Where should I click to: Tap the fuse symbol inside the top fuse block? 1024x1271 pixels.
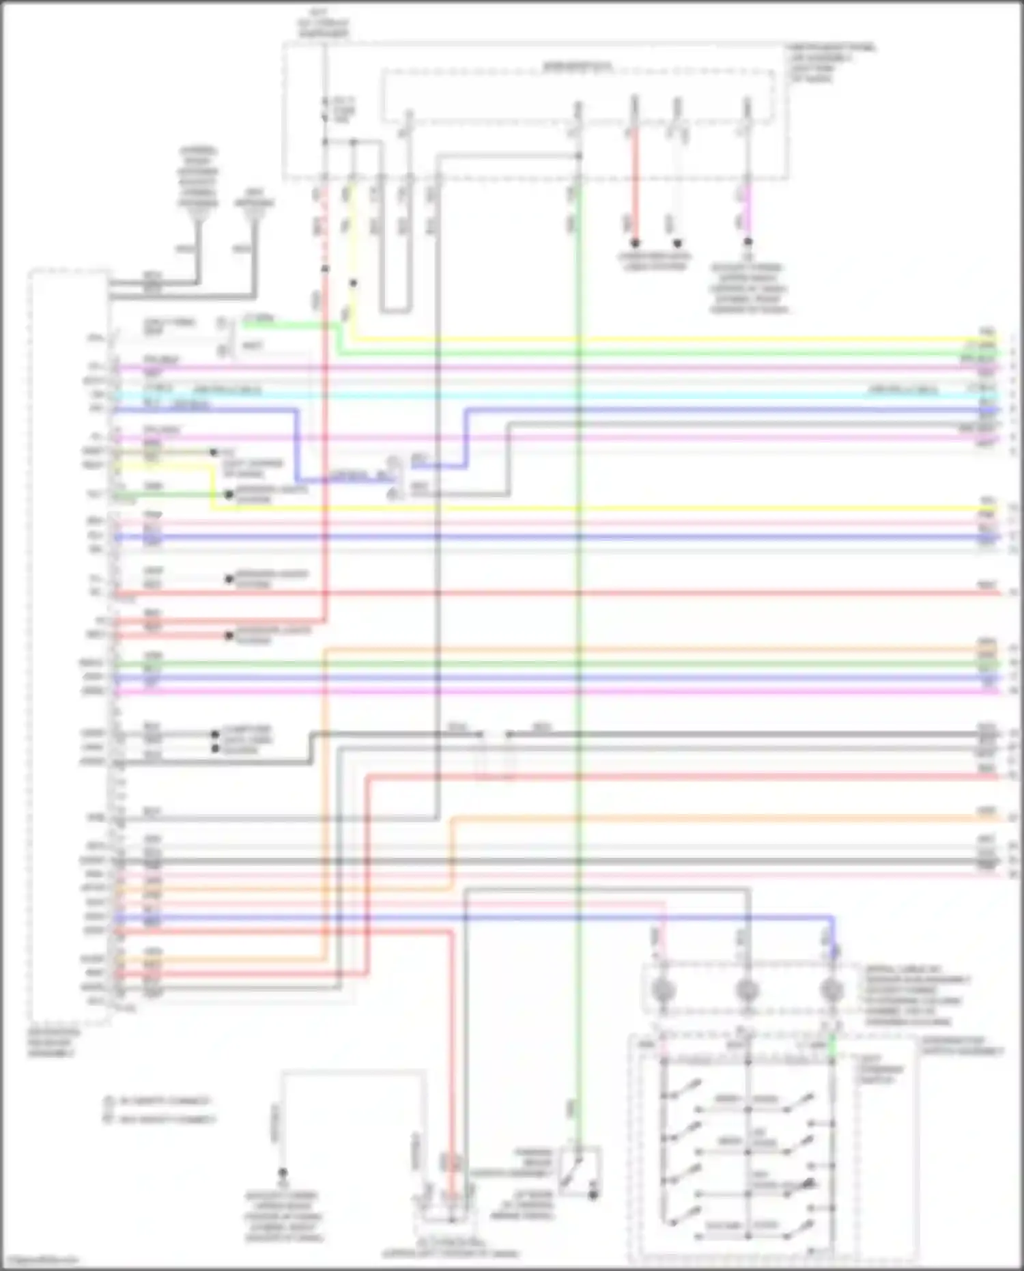(325, 109)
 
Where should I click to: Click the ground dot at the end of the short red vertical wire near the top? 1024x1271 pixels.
(635, 243)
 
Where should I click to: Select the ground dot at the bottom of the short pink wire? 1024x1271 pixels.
(748, 242)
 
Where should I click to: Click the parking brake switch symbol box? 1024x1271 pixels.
(580, 1170)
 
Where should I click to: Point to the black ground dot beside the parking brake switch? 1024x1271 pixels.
(593, 1195)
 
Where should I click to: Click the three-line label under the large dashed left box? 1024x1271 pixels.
(53, 1044)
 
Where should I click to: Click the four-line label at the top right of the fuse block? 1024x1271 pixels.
(831, 64)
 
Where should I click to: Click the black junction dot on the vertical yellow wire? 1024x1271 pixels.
(353, 283)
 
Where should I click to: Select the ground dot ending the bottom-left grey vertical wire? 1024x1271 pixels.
(282, 1172)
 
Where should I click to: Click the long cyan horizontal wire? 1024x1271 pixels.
(546, 395)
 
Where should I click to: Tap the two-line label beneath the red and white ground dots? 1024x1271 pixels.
(655, 262)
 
